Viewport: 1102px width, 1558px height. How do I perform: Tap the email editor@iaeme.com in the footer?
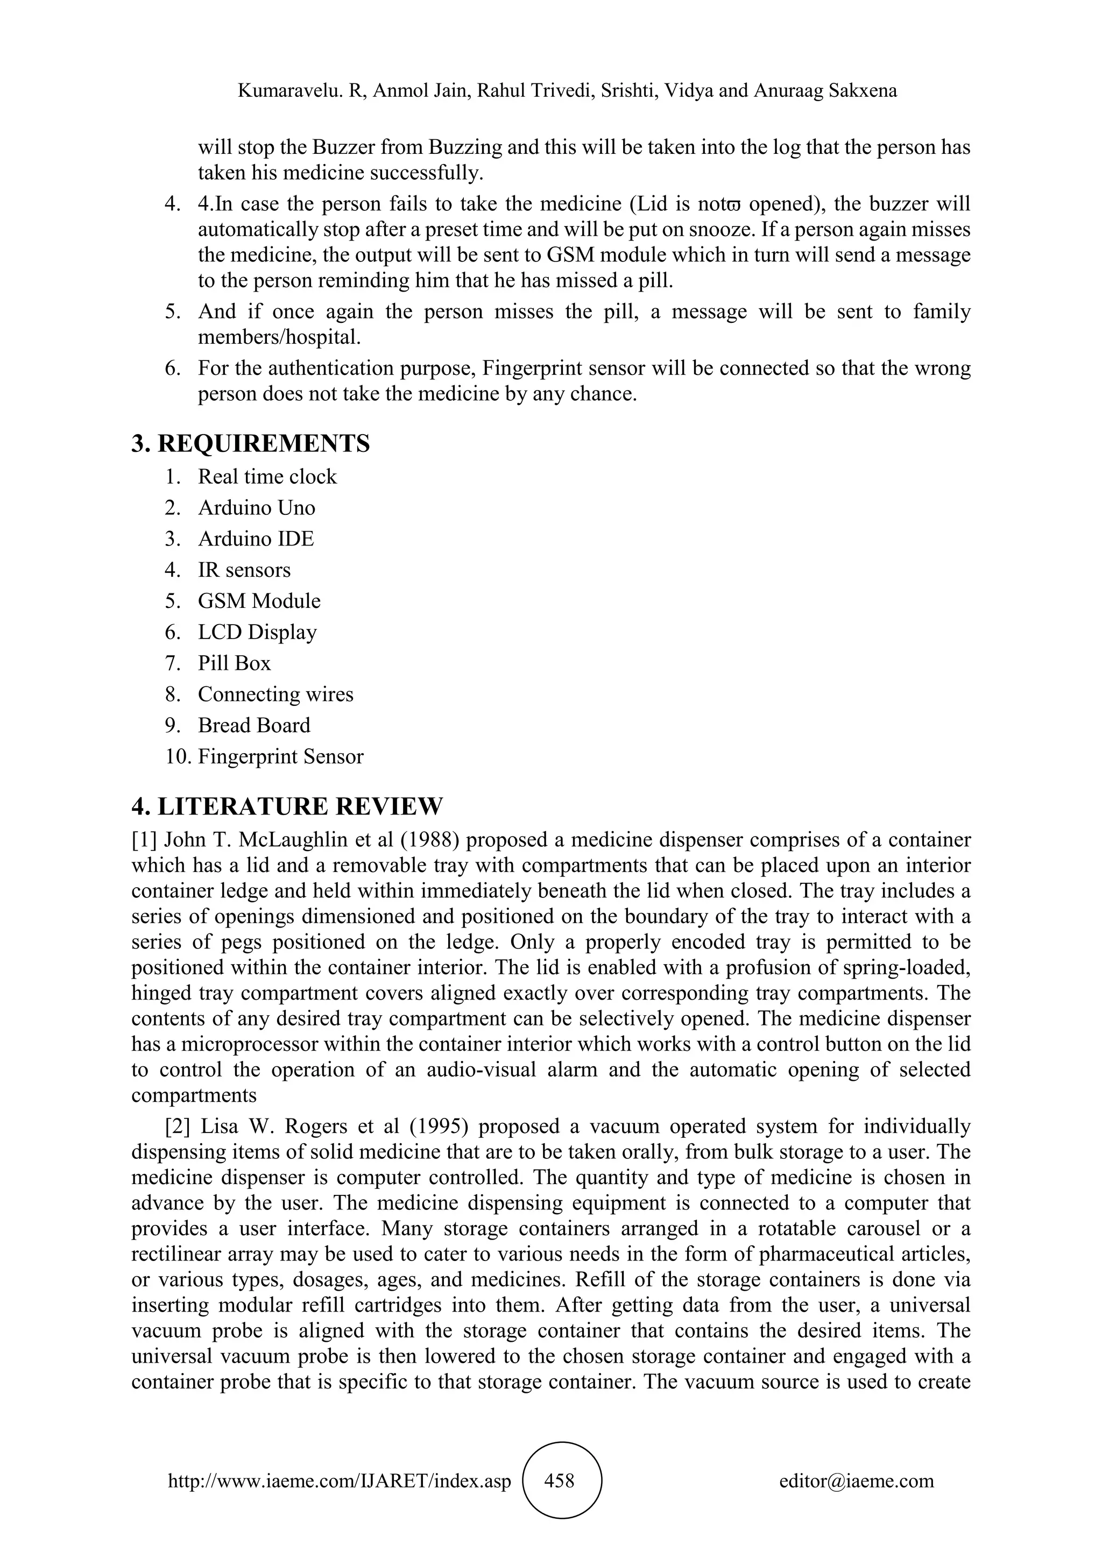pyautogui.click(x=856, y=1481)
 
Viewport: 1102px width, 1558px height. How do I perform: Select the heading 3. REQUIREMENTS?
pyautogui.click(x=250, y=444)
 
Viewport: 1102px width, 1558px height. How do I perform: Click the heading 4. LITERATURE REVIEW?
pyautogui.click(x=286, y=807)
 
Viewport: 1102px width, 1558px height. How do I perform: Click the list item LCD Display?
pyautogui.click(x=257, y=633)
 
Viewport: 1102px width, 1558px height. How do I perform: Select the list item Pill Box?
pyautogui.click(x=234, y=664)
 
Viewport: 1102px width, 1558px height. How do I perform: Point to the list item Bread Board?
pyautogui.click(x=254, y=725)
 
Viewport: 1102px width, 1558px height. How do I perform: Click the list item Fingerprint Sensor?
pyautogui.click(x=280, y=756)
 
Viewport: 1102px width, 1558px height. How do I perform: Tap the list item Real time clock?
pyautogui.click(x=267, y=477)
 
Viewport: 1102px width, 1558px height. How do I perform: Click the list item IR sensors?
pyautogui.click(x=244, y=570)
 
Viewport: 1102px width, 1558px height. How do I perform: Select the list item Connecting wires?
pyautogui.click(x=275, y=695)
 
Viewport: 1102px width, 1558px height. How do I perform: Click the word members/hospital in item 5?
pyautogui.click(x=279, y=337)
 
